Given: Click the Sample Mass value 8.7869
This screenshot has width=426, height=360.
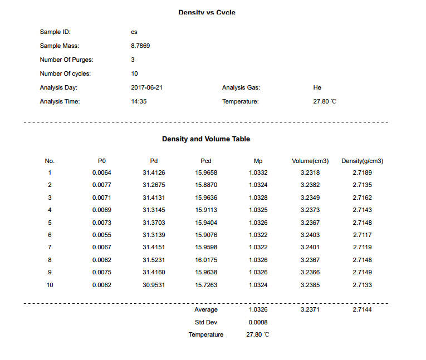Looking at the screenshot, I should click(x=140, y=46).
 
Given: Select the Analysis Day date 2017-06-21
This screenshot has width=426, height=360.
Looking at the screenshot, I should click(x=146, y=87).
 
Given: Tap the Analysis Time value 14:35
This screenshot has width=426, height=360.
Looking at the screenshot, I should click(x=139, y=101).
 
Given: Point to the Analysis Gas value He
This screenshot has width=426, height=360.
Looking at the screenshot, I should click(x=317, y=87).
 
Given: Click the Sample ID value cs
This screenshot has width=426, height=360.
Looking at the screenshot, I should click(x=134, y=32).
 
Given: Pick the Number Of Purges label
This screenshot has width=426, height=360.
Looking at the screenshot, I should click(x=66, y=60).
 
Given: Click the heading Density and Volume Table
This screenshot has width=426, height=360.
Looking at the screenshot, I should click(x=206, y=139).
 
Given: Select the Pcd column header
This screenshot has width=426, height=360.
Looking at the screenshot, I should click(x=206, y=161).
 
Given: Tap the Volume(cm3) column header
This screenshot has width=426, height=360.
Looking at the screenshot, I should click(x=310, y=161).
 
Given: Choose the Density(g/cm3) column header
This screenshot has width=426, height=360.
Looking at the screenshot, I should click(x=362, y=161).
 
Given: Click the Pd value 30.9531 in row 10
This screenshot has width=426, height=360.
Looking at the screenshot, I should click(x=154, y=285).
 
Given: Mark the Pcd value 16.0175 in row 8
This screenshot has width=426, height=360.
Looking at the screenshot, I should click(x=206, y=260).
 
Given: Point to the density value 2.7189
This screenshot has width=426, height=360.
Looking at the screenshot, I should click(x=363, y=172).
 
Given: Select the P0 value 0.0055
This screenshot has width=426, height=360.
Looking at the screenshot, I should click(x=102, y=235).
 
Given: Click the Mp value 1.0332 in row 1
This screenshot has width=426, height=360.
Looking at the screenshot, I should click(x=258, y=172).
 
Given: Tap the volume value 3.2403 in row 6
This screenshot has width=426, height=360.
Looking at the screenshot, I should click(x=310, y=235).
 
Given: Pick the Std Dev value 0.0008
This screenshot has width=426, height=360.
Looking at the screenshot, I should click(x=258, y=322).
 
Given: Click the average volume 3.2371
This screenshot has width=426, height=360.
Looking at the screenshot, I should click(x=310, y=309).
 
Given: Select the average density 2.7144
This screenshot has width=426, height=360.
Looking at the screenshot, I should click(x=363, y=309).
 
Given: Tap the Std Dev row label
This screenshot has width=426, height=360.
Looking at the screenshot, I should click(x=206, y=322).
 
